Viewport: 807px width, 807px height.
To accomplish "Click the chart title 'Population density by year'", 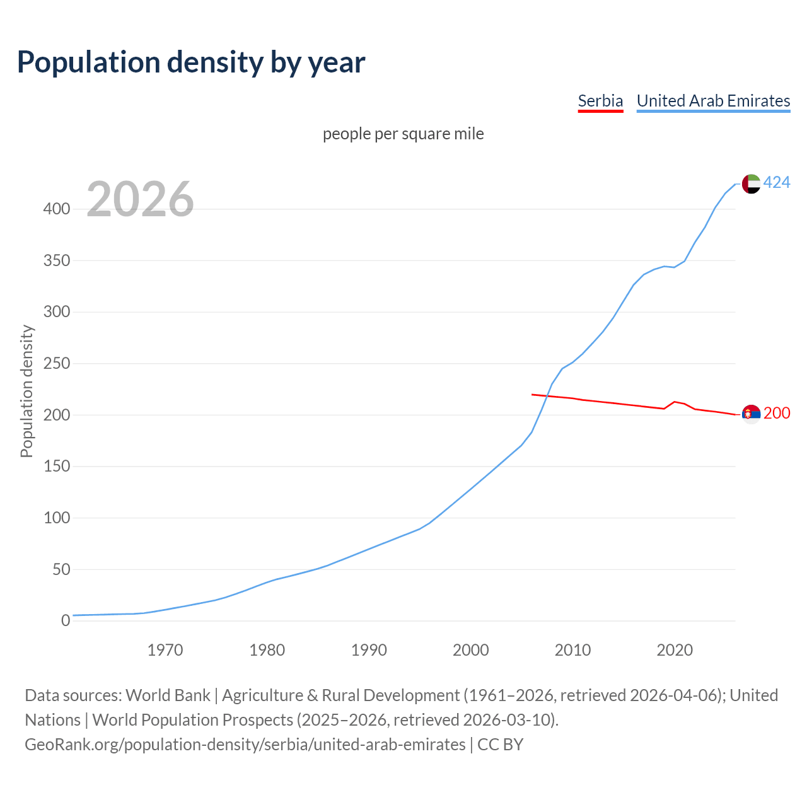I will click(x=191, y=62).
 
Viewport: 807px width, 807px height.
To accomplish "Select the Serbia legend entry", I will click(x=600, y=101).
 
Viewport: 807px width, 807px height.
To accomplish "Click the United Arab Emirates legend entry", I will click(x=713, y=101).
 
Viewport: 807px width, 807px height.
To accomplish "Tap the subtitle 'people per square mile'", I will click(x=403, y=134).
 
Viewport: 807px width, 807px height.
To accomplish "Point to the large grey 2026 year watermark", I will click(x=140, y=199).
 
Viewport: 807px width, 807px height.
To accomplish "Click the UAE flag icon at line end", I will click(x=751, y=183).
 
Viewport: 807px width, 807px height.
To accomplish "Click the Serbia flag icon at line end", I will click(x=751, y=414).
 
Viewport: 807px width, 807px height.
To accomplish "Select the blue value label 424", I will click(x=777, y=183).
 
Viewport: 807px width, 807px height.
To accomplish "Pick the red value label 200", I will click(x=777, y=414).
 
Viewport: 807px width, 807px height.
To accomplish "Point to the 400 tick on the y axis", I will click(x=56, y=209).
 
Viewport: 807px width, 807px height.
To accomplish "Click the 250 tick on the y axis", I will click(x=56, y=364).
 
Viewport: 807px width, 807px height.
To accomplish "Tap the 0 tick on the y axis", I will click(x=65, y=621).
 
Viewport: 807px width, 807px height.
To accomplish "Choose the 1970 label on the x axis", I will click(x=165, y=650).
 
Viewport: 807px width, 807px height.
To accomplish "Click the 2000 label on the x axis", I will click(x=471, y=650).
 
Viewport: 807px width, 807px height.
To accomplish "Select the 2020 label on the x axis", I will click(x=675, y=650).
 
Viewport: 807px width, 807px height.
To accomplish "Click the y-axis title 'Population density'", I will click(x=26, y=391).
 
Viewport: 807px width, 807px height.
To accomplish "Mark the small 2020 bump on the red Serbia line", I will click(x=675, y=402).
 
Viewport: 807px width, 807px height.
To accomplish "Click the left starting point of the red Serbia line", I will click(x=533, y=395).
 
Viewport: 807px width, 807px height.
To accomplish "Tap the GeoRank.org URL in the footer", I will click(x=245, y=745).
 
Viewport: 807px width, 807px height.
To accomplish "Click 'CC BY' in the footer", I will click(x=501, y=745).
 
